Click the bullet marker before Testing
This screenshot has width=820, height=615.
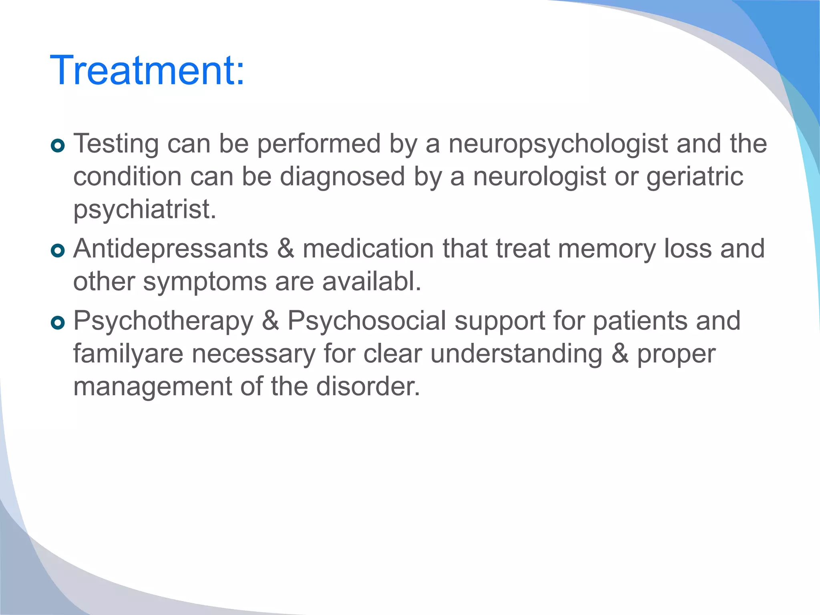[x=58, y=146]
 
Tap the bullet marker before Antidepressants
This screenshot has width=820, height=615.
[x=58, y=251]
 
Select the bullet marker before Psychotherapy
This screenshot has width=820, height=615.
[x=58, y=323]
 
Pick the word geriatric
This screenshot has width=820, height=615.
[x=695, y=177]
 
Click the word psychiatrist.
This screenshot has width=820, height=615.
[x=145, y=210]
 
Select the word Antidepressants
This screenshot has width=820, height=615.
[x=171, y=249]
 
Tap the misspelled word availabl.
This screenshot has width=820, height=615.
[x=372, y=281]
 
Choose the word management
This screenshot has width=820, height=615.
[x=153, y=387]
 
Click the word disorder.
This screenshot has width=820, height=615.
[x=368, y=387]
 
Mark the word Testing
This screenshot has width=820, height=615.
[x=116, y=144]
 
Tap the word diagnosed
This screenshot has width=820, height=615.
[x=342, y=177]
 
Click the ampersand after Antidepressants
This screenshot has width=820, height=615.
[x=285, y=249]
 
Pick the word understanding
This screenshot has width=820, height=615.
[x=516, y=354]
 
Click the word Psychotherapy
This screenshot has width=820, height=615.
[x=163, y=322]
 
